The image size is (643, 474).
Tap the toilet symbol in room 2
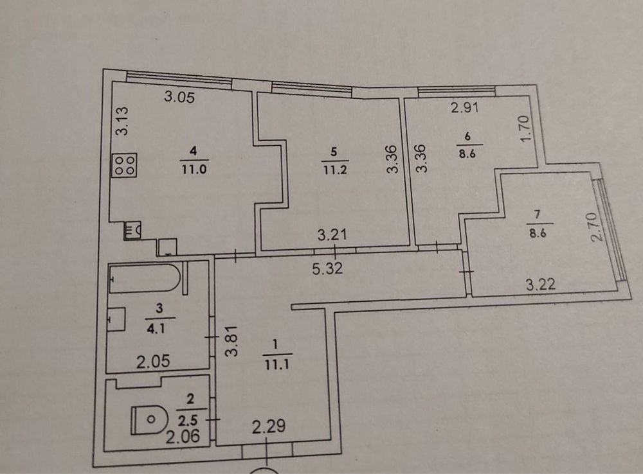click(149, 420)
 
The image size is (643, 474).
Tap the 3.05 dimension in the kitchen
click(179, 98)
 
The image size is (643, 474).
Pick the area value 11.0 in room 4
click(193, 170)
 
